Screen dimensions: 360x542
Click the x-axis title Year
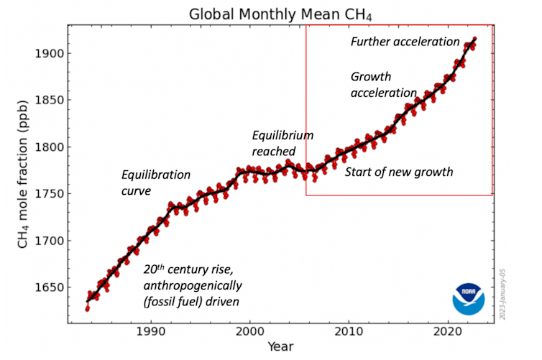(x=280, y=347)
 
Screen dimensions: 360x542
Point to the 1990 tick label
(x=150, y=331)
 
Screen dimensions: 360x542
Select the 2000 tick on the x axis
(x=249, y=331)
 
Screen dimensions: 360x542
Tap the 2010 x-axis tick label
(x=349, y=331)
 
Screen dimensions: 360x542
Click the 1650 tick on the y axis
(x=48, y=287)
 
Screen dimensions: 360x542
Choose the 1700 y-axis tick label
(x=48, y=241)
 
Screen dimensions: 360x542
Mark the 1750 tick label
(x=48, y=194)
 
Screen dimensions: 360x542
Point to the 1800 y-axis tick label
(x=48, y=147)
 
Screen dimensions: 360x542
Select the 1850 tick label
(x=48, y=101)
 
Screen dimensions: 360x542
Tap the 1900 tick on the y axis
(x=48, y=54)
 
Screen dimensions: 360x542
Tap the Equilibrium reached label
(x=282, y=143)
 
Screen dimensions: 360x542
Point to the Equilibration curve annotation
(x=155, y=183)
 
